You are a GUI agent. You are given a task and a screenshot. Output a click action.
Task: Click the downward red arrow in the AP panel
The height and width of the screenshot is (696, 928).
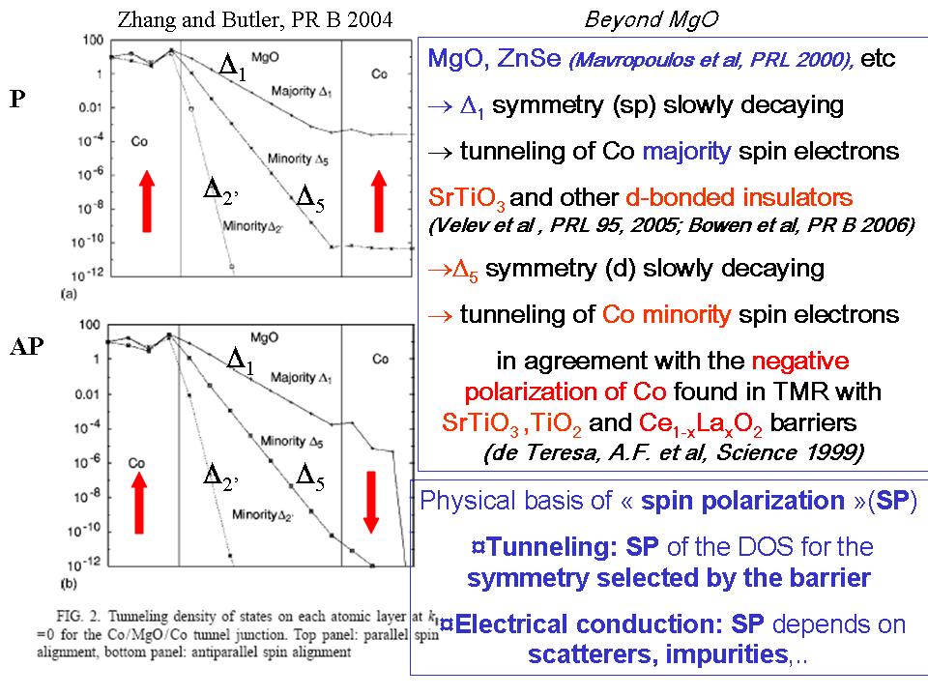click(x=370, y=496)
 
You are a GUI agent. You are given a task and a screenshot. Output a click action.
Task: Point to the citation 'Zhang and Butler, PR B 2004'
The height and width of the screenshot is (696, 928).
click(x=255, y=20)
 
